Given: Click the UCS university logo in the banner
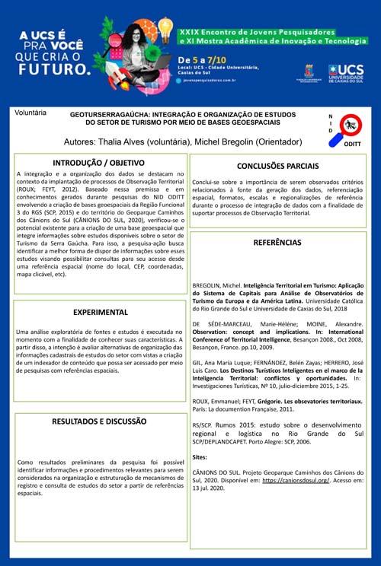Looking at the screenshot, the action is pyautogui.click(x=346, y=74).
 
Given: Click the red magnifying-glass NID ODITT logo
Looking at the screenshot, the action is pyautogui.click(x=350, y=125).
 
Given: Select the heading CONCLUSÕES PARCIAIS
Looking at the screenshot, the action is pyautogui.click(x=277, y=166).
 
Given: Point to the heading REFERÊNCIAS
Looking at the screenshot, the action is pyautogui.click(x=277, y=242).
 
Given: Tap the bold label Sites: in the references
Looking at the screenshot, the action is pyautogui.click(x=200, y=457).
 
